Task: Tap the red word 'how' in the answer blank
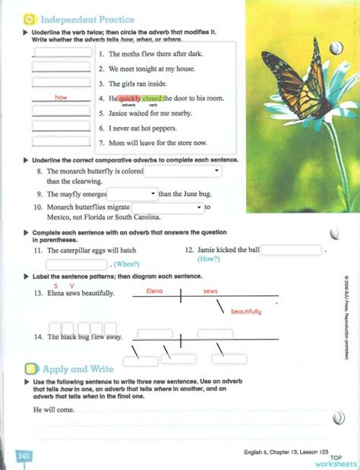62,98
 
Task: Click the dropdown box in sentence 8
184,172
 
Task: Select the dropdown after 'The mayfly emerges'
132,194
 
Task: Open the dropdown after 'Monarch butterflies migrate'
168,207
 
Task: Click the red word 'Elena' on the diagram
154,291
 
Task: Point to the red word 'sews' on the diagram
210,291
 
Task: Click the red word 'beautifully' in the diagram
246,311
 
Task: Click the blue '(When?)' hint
126,263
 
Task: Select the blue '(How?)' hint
209,259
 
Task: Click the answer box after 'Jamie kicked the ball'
292,249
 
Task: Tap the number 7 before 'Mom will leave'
101,142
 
